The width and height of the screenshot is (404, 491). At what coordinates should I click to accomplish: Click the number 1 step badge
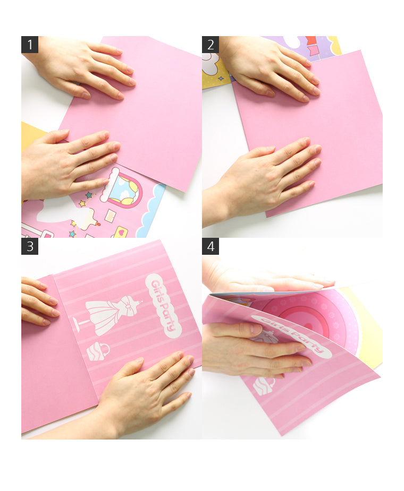pos(30,45)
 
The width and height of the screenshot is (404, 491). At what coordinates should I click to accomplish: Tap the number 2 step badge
pos(211,45)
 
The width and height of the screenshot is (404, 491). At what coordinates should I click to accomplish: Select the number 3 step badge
pos(30,246)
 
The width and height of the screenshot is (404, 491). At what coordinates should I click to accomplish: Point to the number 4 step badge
pos(211,246)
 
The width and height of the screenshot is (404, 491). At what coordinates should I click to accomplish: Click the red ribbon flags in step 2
pos(312,46)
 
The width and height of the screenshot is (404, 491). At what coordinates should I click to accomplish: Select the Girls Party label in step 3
pos(163,306)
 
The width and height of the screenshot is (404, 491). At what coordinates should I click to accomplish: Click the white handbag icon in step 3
pos(98,351)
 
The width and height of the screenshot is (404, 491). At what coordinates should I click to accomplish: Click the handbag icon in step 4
pos(264,386)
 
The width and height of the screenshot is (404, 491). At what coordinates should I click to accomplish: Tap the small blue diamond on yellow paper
pos(221,78)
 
